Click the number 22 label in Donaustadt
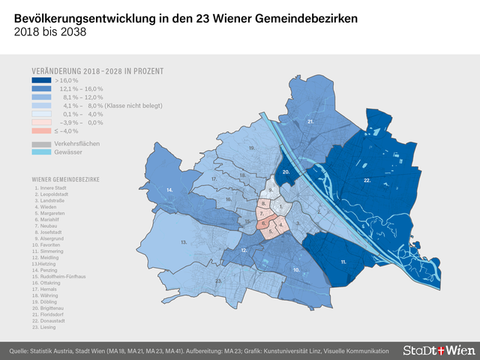click(x=367, y=181)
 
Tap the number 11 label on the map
click(x=343, y=262)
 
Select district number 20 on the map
click(x=286, y=172)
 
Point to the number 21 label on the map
click(x=310, y=121)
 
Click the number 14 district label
click(x=170, y=191)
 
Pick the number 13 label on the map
click(x=183, y=242)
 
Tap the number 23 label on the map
click(x=218, y=280)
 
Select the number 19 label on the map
click(x=252, y=148)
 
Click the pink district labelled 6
click(x=265, y=223)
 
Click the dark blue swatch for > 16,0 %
click(x=41, y=80)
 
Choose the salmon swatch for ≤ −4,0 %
click(x=41, y=130)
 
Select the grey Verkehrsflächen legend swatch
click(x=41, y=142)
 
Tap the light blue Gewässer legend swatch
click(x=41, y=151)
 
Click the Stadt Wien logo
click(x=435, y=350)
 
